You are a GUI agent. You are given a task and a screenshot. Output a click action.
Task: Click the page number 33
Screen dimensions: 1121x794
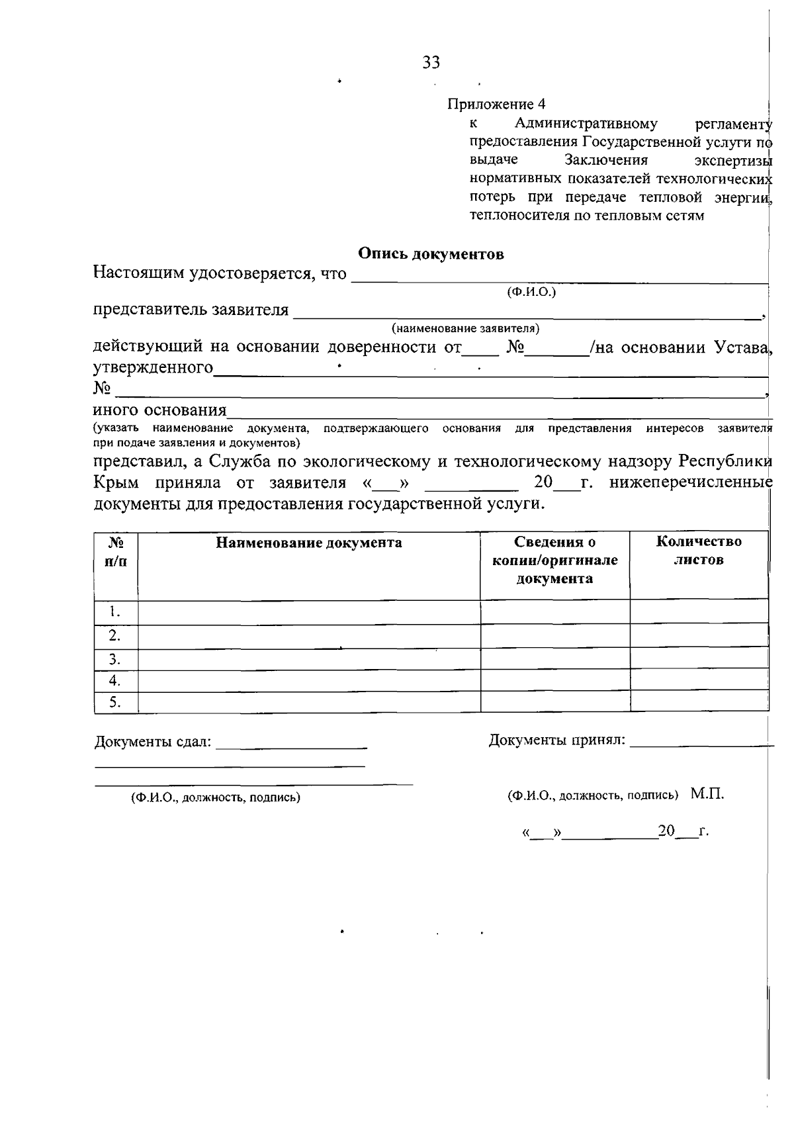[431, 63]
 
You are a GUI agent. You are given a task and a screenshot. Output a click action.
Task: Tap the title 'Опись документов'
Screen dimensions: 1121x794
[431, 254]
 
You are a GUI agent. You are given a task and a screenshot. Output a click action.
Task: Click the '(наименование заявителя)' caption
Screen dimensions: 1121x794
[465, 328]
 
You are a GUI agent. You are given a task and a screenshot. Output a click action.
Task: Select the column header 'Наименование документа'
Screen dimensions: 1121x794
[309, 543]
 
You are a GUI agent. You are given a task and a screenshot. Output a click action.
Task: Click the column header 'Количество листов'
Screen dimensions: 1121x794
[699, 551]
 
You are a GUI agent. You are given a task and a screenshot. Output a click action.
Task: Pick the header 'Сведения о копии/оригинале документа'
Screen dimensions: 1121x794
[554, 560]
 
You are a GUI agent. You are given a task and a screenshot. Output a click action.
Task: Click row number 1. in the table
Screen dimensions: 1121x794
[115, 611]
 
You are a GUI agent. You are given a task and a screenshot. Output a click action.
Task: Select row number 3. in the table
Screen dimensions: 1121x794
[115, 660]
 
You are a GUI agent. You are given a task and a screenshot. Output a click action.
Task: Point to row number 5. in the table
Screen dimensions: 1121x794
[115, 703]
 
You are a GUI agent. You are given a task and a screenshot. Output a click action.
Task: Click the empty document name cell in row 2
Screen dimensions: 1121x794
[309, 636]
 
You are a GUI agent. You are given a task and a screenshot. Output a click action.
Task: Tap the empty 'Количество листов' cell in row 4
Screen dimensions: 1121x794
[699, 681]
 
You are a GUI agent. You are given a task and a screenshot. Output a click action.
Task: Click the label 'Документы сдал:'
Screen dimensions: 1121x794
[153, 742]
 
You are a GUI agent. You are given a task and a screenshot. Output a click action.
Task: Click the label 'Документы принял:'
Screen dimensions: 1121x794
[556, 740]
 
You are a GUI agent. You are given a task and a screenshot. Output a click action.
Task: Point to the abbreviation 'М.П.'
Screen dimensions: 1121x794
[707, 794]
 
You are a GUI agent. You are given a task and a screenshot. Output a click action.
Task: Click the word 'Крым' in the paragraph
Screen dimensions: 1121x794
[116, 482]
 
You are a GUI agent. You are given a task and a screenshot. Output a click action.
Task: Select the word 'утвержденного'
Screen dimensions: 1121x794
[153, 367]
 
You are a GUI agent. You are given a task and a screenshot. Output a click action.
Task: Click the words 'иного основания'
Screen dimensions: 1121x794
[159, 411]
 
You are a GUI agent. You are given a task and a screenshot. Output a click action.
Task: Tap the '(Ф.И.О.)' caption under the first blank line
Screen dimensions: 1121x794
[531, 292]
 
